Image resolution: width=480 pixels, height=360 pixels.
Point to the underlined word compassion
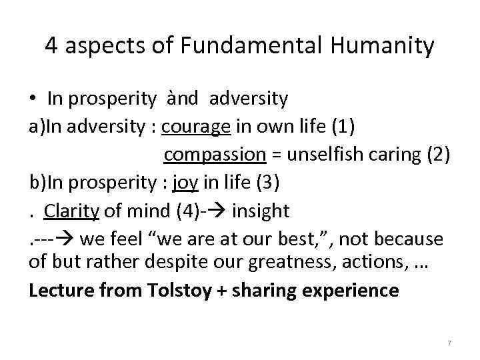coord(215,155)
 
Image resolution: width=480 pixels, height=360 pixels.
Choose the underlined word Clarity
coord(71,211)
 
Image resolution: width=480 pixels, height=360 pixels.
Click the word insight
coord(261,211)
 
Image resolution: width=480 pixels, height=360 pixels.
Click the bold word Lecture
coord(57,291)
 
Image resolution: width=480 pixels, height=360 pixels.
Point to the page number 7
coord(449,343)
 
